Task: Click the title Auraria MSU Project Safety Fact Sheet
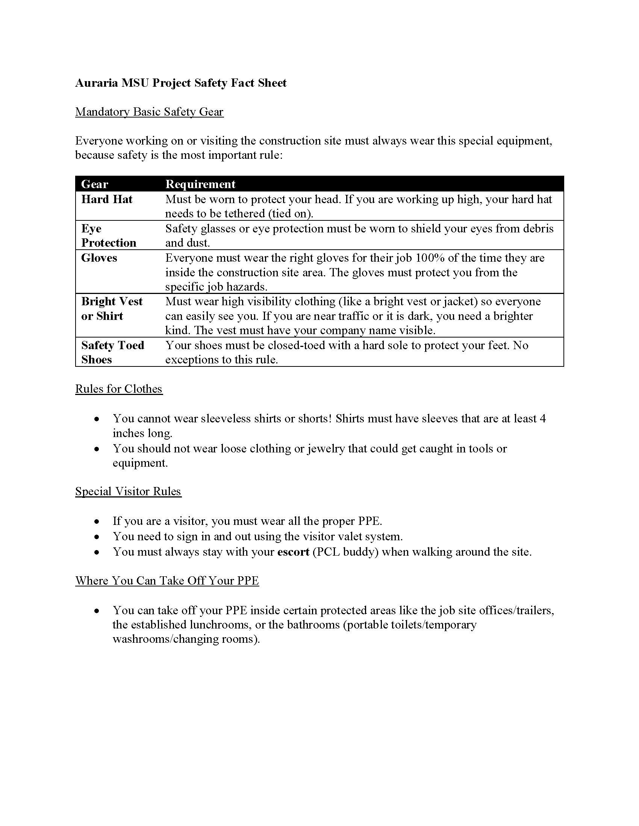(180, 83)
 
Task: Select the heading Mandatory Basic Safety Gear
(149, 112)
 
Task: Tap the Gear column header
(95, 184)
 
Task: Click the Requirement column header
(200, 184)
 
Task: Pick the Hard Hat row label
(107, 199)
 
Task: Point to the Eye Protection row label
(108, 236)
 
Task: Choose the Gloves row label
(99, 258)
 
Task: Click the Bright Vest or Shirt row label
(112, 309)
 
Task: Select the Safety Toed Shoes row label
(112, 352)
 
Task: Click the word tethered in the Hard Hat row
(245, 214)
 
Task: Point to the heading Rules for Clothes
(118, 389)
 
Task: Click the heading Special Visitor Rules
(128, 491)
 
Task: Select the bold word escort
(294, 552)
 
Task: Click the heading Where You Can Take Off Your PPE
(167, 580)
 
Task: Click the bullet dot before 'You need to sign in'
(97, 537)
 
